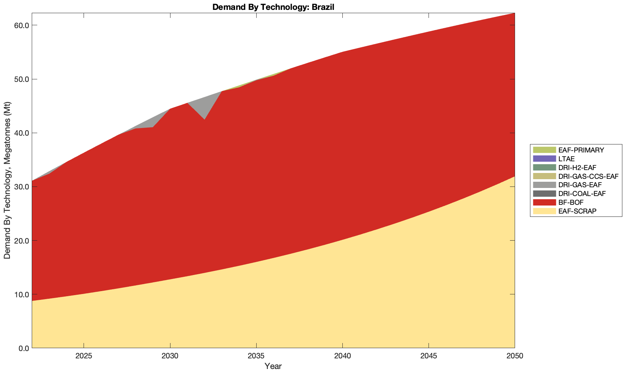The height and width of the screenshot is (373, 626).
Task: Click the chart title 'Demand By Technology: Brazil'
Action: [273, 7]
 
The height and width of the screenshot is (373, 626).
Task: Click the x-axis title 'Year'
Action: [273, 366]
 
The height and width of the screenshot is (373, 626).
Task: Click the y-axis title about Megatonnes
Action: [7, 180]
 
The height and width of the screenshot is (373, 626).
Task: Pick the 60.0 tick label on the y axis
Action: [22, 25]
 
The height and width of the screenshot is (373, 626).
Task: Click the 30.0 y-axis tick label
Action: [22, 186]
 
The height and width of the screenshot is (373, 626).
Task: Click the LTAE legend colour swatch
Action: [544, 159]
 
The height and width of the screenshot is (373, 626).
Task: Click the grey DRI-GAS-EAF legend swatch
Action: [544, 185]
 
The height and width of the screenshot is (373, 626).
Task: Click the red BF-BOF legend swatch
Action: [544, 202]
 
